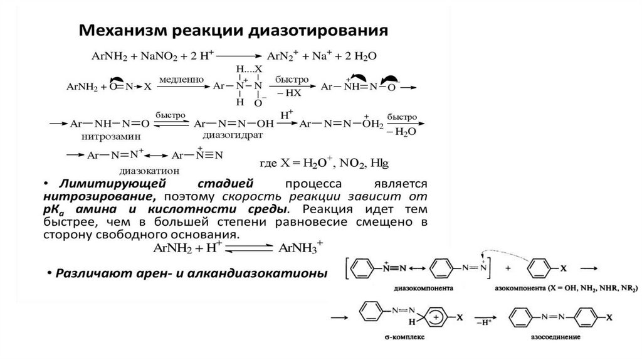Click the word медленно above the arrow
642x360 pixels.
[181, 80]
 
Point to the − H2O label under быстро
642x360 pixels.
[401, 132]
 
